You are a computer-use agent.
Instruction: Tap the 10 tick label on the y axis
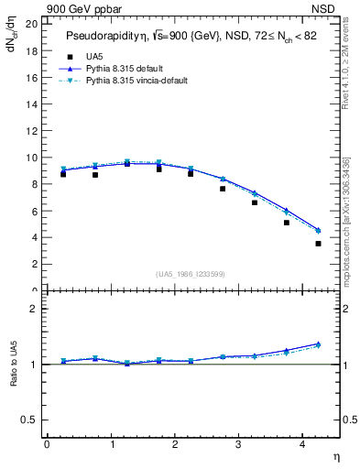click(x=32, y=158)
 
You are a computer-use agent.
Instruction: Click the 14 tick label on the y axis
click(x=32, y=104)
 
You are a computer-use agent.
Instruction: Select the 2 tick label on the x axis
click(x=174, y=444)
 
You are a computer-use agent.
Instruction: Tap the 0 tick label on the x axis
click(x=47, y=444)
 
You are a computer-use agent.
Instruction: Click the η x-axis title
click(x=334, y=455)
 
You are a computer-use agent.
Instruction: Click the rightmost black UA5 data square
click(x=318, y=244)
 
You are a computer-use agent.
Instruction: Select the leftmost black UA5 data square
click(x=62, y=174)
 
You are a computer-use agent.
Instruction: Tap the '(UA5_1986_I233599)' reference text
click(x=191, y=273)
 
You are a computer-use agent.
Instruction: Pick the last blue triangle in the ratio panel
click(x=318, y=344)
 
